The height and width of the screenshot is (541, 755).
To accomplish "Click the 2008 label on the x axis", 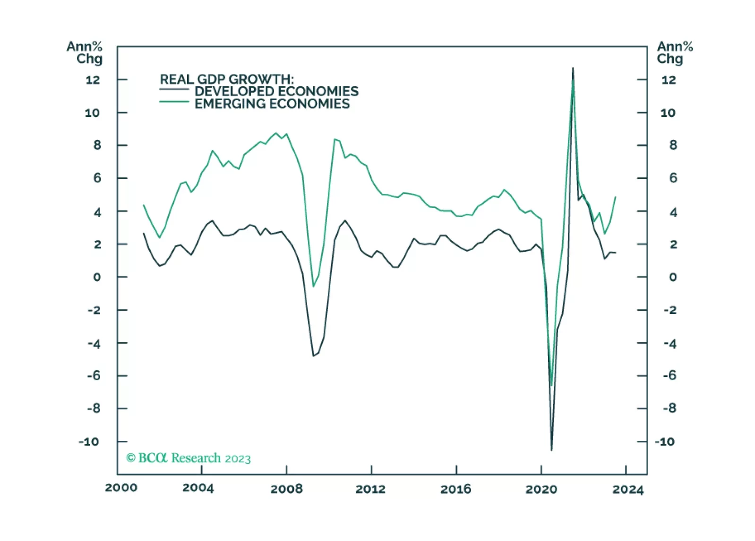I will (x=286, y=489).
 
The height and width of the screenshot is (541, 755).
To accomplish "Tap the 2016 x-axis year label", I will (x=456, y=489).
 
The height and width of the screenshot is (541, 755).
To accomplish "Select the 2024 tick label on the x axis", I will (x=628, y=489).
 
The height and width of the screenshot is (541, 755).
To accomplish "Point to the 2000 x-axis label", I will (x=121, y=488).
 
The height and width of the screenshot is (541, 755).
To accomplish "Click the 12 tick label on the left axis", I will (x=93, y=80).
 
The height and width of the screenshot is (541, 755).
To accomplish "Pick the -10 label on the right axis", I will (x=664, y=442).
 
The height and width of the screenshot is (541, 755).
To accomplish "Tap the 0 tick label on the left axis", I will (x=97, y=277).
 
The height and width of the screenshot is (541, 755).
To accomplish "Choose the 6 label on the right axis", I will (x=673, y=178).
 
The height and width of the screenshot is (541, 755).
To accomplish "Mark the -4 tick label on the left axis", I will (x=94, y=344).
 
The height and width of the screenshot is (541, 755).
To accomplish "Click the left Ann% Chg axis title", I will (x=85, y=52).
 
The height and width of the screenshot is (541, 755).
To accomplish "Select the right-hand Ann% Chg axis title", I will (x=675, y=52).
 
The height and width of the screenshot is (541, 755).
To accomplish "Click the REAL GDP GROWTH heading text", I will (x=227, y=79).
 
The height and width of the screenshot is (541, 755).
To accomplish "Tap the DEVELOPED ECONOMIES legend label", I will (x=276, y=91).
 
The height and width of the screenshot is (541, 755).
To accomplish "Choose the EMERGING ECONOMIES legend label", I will (x=272, y=104).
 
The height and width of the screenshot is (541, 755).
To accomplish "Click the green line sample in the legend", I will (x=174, y=102).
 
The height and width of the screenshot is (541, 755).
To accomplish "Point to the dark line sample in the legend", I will (x=174, y=89).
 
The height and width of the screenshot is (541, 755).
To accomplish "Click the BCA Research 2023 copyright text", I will (x=188, y=458).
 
